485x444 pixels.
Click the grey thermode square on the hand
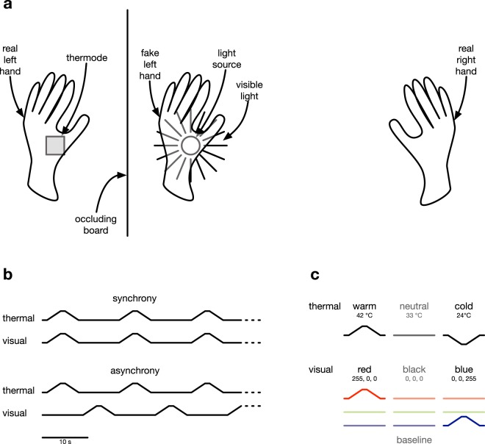point(55,146)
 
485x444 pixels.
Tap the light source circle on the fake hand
point(190,146)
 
